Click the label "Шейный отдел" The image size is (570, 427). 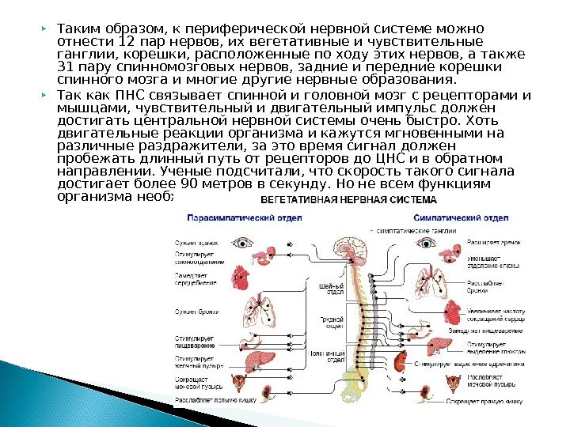pos(330,289)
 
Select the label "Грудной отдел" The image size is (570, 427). pos(330,323)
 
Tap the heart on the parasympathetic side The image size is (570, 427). pos(241,274)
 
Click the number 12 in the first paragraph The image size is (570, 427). pos(127,42)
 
